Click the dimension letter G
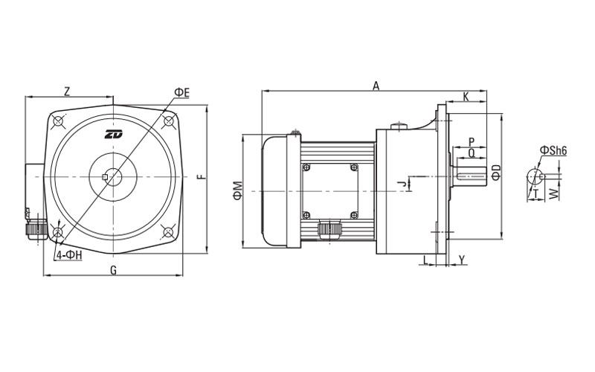tap(113, 270)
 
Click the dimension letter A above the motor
tap(376, 86)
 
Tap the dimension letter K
tap(466, 97)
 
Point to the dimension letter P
tap(472, 141)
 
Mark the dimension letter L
tap(425, 259)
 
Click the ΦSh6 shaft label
tap(554, 151)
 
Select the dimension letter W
tap(553, 193)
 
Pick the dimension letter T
tap(535, 193)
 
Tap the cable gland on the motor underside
tap(328, 229)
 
